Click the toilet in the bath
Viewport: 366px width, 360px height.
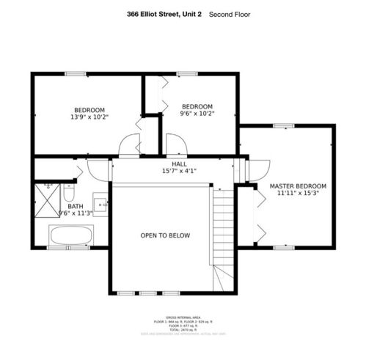(x=68, y=194)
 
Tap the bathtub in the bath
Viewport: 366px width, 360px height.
(x=70, y=237)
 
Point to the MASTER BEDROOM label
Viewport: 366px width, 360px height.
(x=298, y=186)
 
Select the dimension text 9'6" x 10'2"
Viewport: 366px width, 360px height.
(x=197, y=114)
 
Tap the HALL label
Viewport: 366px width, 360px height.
(x=179, y=164)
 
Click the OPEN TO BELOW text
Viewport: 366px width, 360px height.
(x=165, y=235)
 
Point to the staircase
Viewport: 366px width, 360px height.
(x=224, y=235)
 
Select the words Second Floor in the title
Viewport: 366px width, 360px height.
(x=230, y=14)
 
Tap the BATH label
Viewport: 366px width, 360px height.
(x=76, y=207)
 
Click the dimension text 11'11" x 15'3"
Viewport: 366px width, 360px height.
(x=298, y=194)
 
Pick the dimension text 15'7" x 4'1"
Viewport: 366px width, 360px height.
(x=179, y=171)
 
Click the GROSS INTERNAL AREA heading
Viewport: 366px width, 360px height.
(x=183, y=317)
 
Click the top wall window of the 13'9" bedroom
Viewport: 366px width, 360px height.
(x=73, y=73)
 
